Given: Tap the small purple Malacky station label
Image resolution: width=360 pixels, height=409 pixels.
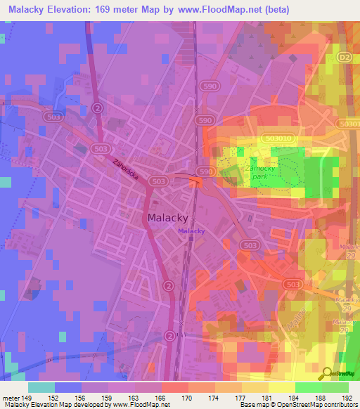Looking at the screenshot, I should coord(191,231).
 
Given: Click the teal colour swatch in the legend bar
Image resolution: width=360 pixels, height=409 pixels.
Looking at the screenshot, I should coord(41,387).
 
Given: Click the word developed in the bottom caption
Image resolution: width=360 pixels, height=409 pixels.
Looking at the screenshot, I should coord(90,405).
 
